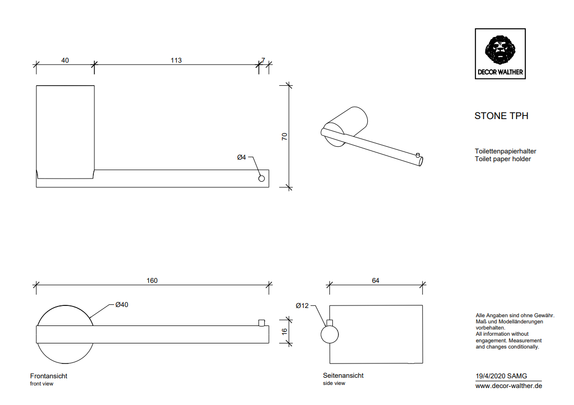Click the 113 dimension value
(x=176, y=60)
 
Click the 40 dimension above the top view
(x=65, y=60)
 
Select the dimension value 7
(x=263, y=60)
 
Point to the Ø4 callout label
(x=242, y=158)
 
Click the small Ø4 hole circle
(x=262, y=179)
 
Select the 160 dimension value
(x=152, y=280)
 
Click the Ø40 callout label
(x=122, y=304)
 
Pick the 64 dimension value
(x=375, y=280)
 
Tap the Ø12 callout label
(x=302, y=305)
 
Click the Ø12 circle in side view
(x=329, y=335)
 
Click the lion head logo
(x=500, y=49)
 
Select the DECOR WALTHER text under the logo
(x=500, y=72)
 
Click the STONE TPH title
(x=501, y=116)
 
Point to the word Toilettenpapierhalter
(x=505, y=151)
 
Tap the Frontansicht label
(x=49, y=376)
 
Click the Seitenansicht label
(x=343, y=375)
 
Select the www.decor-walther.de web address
(x=508, y=386)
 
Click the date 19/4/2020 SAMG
(x=501, y=376)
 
